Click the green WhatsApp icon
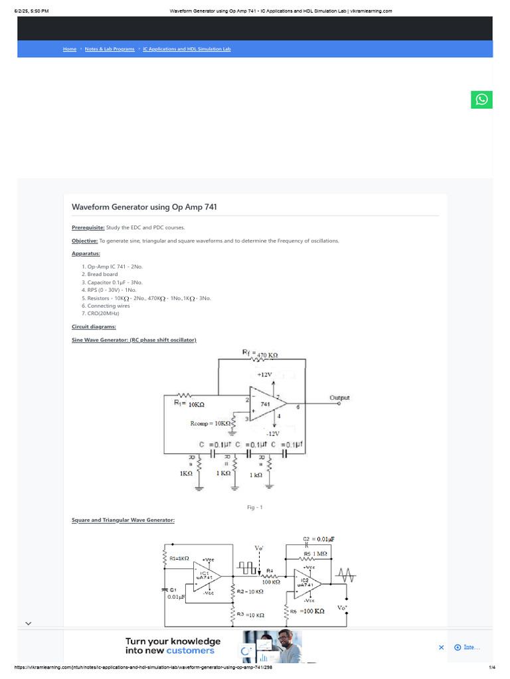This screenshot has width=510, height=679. click(481, 99)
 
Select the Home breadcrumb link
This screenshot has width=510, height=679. click(70, 49)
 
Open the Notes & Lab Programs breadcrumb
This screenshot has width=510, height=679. click(110, 49)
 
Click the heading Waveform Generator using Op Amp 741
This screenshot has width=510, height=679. click(144, 208)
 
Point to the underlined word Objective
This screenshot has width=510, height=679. click(84, 241)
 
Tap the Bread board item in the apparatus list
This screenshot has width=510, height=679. click(102, 274)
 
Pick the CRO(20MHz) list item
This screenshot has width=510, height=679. click(104, 313)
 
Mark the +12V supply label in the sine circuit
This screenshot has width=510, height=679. click(265, 375)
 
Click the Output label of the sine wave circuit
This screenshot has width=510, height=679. click(339, 398)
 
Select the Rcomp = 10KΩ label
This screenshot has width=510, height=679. click(210, 422)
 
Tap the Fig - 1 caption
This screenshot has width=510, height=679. click(255, 507)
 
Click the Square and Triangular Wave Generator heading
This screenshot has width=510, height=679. click(123, 520)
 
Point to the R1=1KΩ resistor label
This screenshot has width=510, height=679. click(179, 558)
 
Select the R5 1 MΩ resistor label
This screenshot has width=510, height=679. click(316, 553)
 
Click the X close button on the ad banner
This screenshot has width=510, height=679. click(442, 647)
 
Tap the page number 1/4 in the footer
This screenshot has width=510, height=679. click(492, 668)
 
